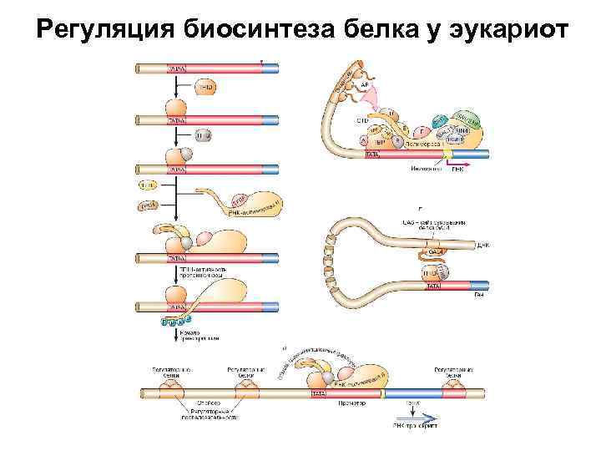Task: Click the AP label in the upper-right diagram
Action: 365,84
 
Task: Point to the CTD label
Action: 361,120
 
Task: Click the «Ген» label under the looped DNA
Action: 478,294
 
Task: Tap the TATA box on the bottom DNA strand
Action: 319,392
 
